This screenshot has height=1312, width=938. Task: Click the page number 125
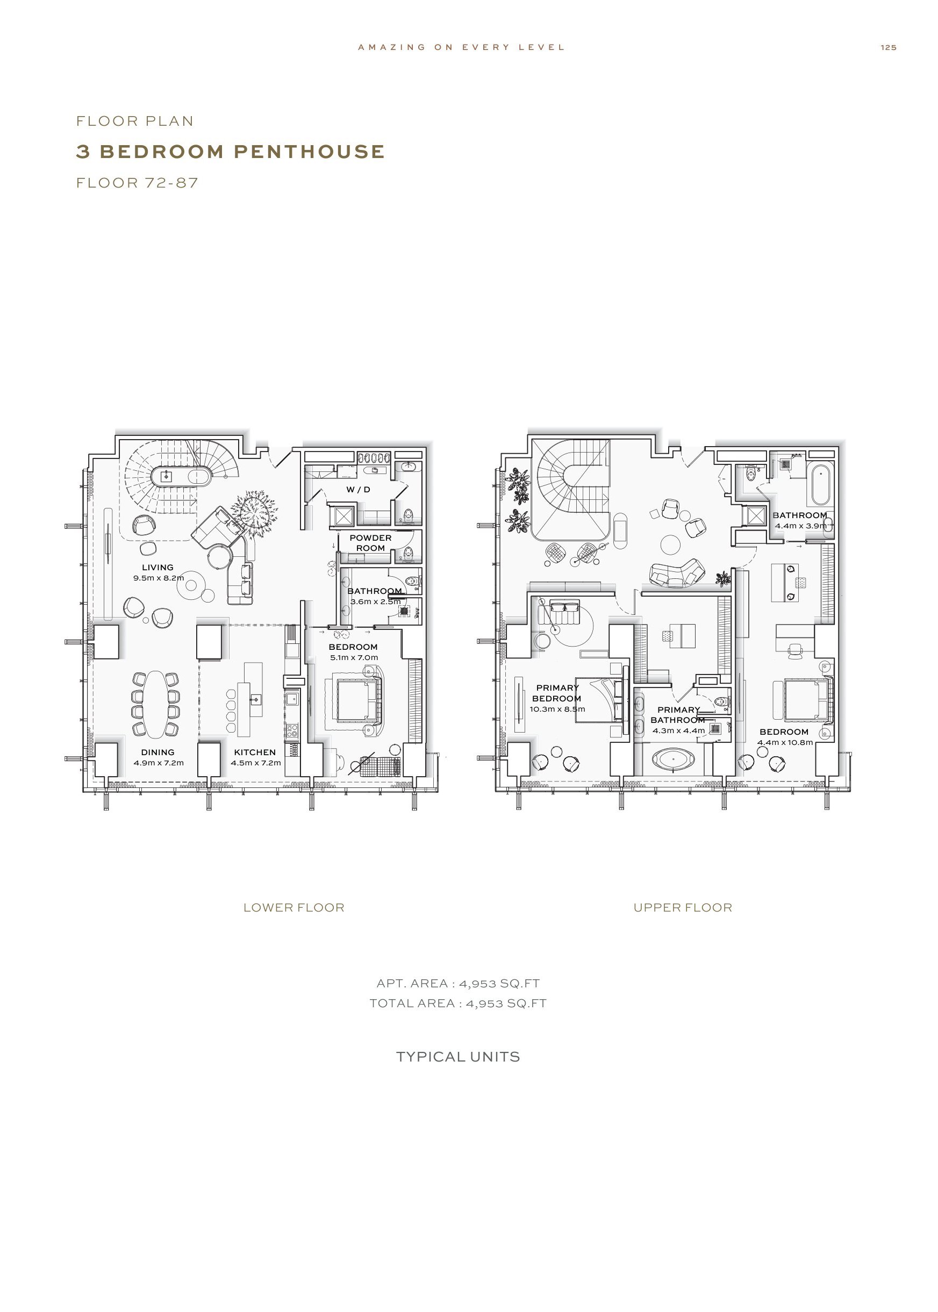click(x=889, y=47)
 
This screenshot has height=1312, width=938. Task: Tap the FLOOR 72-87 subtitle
click(x=138, y=183)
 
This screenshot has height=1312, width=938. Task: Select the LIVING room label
click(x=157, y=567)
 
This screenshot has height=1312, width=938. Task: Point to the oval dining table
click(x=156, y=704)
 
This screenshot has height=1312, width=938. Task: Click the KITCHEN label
click(x=255, y=752)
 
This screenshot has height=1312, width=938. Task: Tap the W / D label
click(x=358, y=489)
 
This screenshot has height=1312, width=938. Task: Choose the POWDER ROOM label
click(x=370, y=543)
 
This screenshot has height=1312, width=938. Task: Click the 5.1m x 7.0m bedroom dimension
click(x=354, y=657)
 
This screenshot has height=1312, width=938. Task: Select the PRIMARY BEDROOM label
click(x=557, y=693)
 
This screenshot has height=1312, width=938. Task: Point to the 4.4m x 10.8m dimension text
click(x=785, y=742)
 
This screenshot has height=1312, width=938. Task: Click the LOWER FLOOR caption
click(x=293, y=907)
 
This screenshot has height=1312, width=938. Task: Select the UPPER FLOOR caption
click(x=683, y=907)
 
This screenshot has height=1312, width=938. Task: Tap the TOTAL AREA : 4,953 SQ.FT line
click(x=458, y=1003)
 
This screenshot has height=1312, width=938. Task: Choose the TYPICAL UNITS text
click(x=458, y=1057)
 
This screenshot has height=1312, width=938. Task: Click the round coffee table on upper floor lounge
click(x=671, y=544)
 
